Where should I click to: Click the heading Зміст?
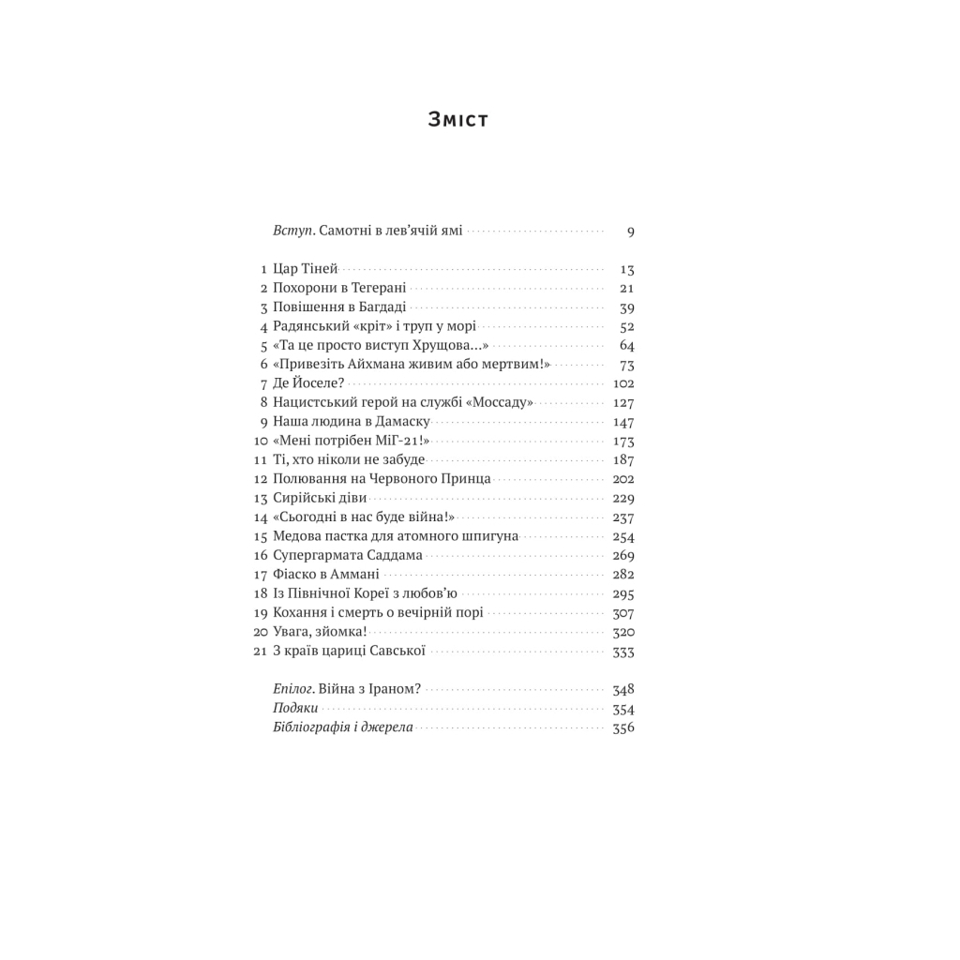[457, 120]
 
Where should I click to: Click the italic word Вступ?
[290, 231]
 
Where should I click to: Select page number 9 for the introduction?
[631, 232]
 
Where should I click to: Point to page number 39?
[627, 307]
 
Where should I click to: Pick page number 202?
[622, 479]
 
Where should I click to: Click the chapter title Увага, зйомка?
[319, 632]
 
